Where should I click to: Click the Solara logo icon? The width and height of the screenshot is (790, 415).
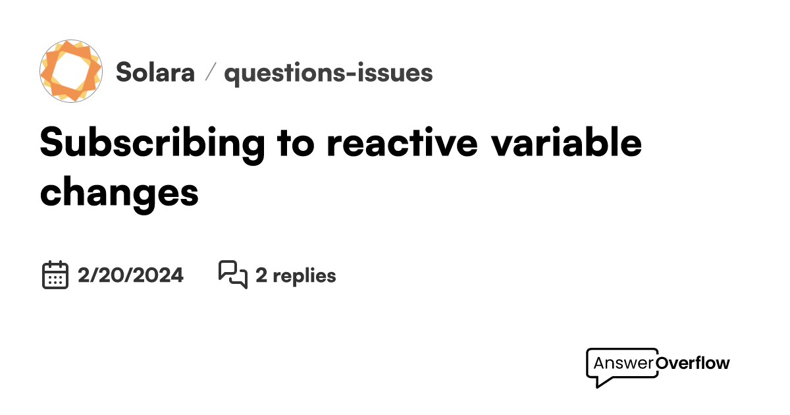(x=71, y=70)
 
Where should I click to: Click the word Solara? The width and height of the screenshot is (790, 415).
(x=155, y=72)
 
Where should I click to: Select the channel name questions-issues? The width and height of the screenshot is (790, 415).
(x=329, y=72)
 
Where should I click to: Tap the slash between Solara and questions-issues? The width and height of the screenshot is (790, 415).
(x=210, y=72)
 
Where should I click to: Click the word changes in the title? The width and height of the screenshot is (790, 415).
(x=119, y=192)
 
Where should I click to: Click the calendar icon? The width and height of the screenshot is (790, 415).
(x=55, y=275)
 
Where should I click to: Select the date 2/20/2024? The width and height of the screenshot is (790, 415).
(x=130, y=275)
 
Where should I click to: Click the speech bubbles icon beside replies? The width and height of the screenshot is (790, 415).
(x=232, y=275)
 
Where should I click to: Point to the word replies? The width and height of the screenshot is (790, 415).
(x=304, y=275)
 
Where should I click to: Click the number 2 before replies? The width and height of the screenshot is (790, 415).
(x=261, y=275)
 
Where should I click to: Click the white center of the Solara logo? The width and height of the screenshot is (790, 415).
(x=71, y=70)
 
